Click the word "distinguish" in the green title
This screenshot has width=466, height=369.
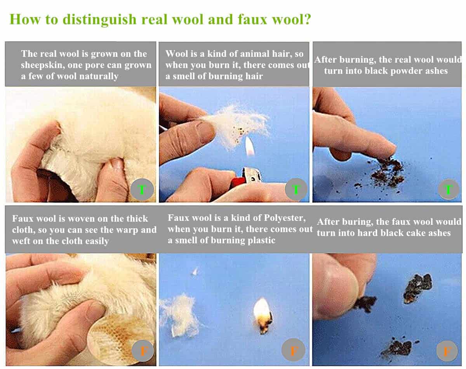click(100, 20)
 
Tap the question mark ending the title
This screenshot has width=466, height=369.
click(307, 19)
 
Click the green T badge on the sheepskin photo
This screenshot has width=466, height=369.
click(142, 189)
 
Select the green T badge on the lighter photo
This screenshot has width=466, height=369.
click(296, 189)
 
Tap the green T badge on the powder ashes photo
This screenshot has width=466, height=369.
click(448, 190)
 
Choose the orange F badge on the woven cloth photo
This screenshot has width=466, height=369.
click(143, 351)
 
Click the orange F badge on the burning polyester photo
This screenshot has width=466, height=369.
click(294, 350)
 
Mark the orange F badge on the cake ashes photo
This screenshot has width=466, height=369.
click(447, 351)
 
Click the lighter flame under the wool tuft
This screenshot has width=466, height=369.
click(250, 146)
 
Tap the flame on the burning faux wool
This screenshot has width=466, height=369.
click(262, 309)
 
